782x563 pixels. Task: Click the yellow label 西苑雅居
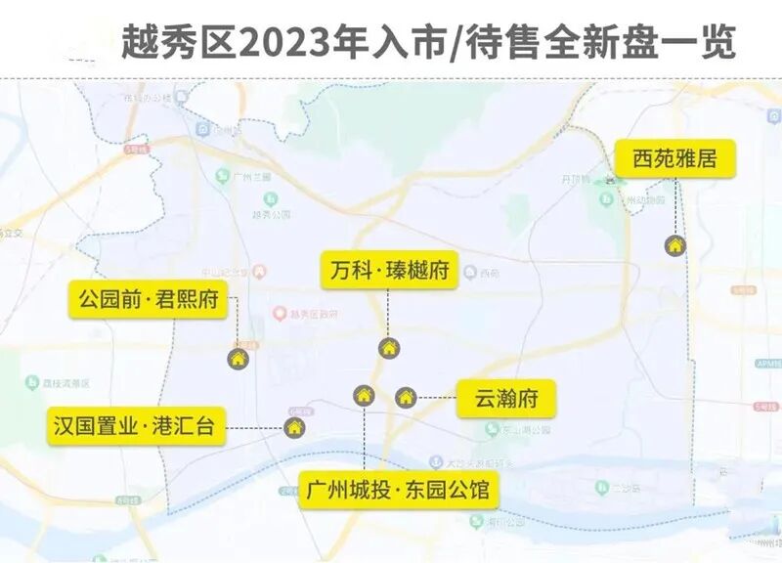(x=674, y=158)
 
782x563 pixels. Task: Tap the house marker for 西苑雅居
(x=674, y=245)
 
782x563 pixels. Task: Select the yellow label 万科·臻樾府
(x=388, y=270)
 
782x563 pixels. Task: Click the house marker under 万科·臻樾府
(x=388, y=348)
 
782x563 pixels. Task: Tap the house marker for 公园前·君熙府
(x=238, y=358)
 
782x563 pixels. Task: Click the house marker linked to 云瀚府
(x=406, y=397)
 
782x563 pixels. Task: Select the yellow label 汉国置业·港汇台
(x=137, y=426)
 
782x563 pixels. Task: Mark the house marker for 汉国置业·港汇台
(x=294, y=427)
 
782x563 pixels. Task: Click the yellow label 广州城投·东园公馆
(x=398, y=489)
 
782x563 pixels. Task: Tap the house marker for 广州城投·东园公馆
(x=364, y=395)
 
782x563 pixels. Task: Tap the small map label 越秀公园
(x=266, y=214)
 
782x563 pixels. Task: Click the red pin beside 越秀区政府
(x=280, y=314)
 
